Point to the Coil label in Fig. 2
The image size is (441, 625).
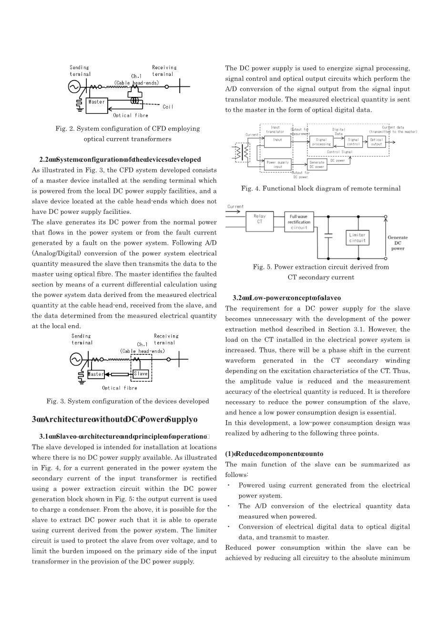pos(168,107)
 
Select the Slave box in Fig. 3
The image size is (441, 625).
pos(141,374)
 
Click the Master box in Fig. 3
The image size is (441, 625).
pos(95,374)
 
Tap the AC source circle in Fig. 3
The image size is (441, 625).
pos(75,359)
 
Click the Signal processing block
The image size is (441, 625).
pos(321,142)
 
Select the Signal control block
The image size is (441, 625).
pos(353,142)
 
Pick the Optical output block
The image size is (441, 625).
pos(376,142)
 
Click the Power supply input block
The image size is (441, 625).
pos(277,165)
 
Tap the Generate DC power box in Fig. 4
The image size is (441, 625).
pos(317,165)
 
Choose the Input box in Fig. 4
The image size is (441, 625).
pos(277,140)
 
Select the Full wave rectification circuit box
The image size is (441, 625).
pos(299,222)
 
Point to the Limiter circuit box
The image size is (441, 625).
pos(357,238)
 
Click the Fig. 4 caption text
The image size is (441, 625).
pos(320,189)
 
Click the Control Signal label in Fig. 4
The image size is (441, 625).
pos(339,152)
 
